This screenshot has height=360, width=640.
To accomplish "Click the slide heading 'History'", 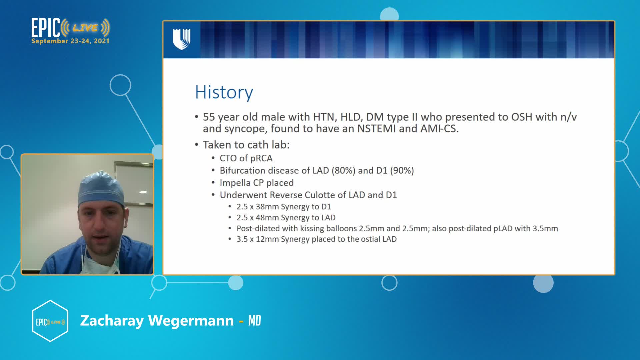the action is [224, 92].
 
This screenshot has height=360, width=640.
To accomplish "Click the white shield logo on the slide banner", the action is [182, 39].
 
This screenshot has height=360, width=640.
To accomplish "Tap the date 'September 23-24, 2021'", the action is [70, 41].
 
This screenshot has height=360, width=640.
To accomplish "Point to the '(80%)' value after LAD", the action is [343, 170].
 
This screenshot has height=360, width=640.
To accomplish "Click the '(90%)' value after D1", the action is [402, 170].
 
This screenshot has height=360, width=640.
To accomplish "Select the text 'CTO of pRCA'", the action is [246, 158].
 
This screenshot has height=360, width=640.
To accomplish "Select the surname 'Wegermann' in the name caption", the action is [191, 321].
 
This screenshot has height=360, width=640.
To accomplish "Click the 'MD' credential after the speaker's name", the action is [255, 321].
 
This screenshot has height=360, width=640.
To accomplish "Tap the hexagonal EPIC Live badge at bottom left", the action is [50, 321].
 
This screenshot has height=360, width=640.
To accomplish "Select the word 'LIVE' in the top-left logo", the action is [85, 28].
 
